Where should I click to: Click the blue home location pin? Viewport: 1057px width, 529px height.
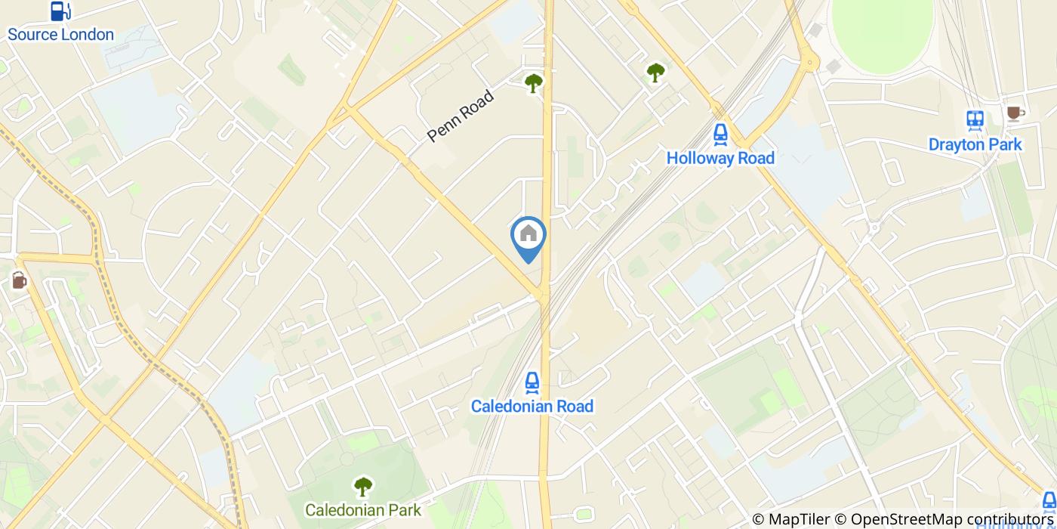point(528,237)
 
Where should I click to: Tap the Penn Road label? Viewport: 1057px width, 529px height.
point(460,116)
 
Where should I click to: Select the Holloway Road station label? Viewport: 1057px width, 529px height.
point(720,158)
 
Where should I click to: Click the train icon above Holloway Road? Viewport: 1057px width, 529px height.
point(720,134)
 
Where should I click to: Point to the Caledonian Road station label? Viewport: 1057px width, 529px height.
point(532,407)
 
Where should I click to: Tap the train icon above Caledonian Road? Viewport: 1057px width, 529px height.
point(532,382)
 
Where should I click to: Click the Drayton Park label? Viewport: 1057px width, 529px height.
point(975,144)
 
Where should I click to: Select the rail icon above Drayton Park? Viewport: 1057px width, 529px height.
point(975,119)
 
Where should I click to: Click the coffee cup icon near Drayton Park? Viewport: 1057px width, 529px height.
point(1014,113)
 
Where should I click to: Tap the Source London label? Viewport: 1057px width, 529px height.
point(60,35)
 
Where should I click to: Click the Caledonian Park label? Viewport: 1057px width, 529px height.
point(363,510)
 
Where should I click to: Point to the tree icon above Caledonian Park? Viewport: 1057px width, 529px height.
point(363,486)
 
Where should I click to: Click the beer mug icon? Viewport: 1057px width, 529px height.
point(18,280)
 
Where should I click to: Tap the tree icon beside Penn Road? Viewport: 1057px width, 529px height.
point(534,82)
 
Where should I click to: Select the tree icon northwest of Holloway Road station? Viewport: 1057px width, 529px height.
point(655,73)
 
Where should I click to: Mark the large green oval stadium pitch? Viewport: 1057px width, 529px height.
point(882,34)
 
